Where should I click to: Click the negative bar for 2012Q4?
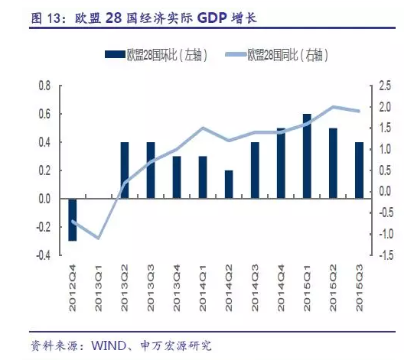[x=73, y=219]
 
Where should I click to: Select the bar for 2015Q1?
[x=307, y=156]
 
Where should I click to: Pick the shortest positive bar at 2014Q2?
[x=229, y=184]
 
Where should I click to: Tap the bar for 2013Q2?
[x=125, y=170]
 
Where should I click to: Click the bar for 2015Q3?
[x=359, y=170]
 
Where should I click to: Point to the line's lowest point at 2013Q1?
[x=99, y=238]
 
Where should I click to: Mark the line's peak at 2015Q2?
[x=333, y=107]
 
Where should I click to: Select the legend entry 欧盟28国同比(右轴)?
[x=287, y=54]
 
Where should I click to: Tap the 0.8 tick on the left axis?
[x=44, y=86]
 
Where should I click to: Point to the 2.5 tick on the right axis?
[x=384, y=86]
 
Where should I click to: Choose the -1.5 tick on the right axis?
[x=385, y=255]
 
